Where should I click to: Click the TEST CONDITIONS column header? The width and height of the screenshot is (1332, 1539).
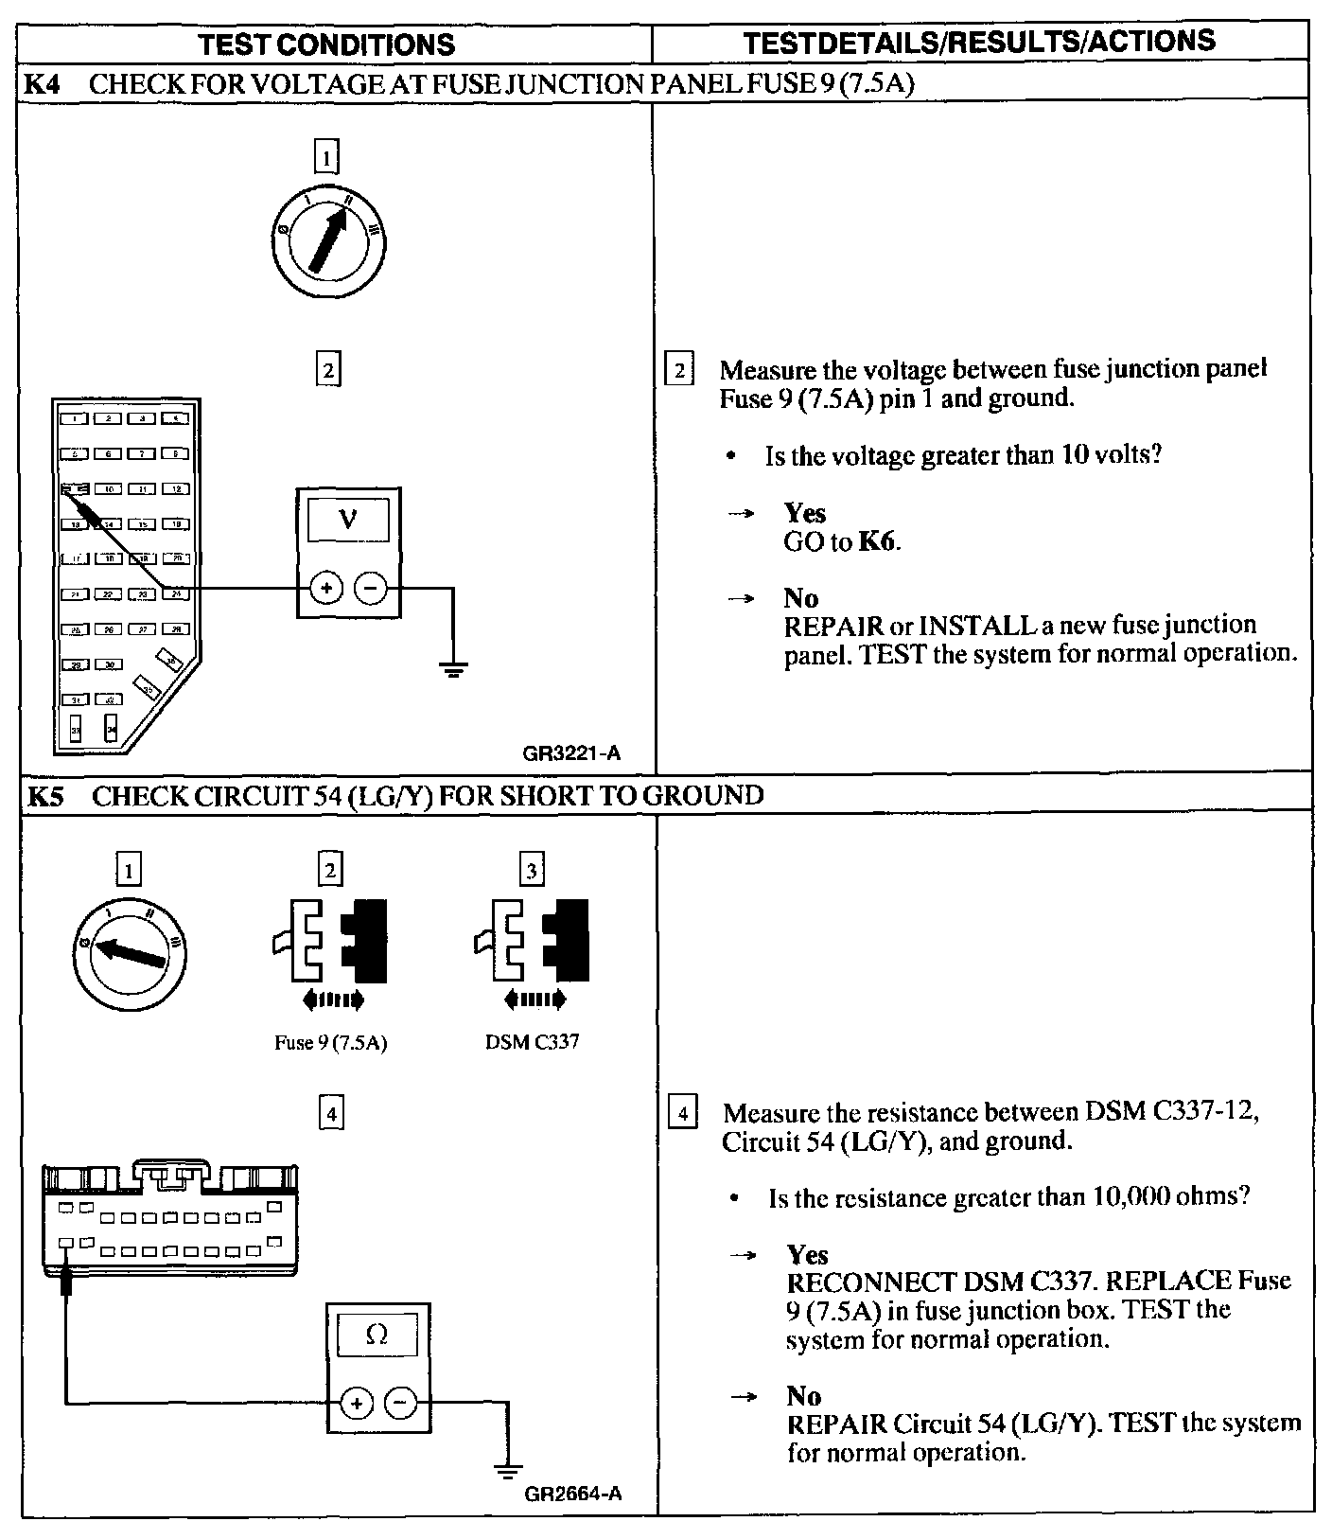point(327,44)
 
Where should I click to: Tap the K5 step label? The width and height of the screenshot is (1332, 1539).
point(44,796)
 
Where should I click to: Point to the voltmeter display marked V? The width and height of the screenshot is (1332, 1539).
point(348,521)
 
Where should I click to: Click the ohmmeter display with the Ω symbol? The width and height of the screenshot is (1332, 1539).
point(377,1336)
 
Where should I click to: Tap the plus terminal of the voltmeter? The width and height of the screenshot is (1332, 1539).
point(326,589)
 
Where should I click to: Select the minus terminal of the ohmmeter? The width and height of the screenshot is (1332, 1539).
point(401,1403)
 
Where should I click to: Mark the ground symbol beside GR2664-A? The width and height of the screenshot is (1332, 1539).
point(508,1472)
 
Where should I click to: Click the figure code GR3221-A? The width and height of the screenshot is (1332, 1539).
point(571,754)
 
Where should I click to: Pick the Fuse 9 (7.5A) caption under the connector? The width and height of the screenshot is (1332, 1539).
point(330,1043)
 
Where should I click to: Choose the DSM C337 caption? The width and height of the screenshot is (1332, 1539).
point(532,1042)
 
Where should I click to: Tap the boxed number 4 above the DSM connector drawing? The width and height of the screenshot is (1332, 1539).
point(330,1114)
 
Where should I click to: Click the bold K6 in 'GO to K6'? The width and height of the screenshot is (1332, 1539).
point(877,541)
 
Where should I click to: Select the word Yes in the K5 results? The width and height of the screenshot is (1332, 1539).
point(807,1255)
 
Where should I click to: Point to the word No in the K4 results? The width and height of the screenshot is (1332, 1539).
point(800,598)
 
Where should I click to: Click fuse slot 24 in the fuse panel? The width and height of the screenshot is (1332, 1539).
point(175,593)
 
